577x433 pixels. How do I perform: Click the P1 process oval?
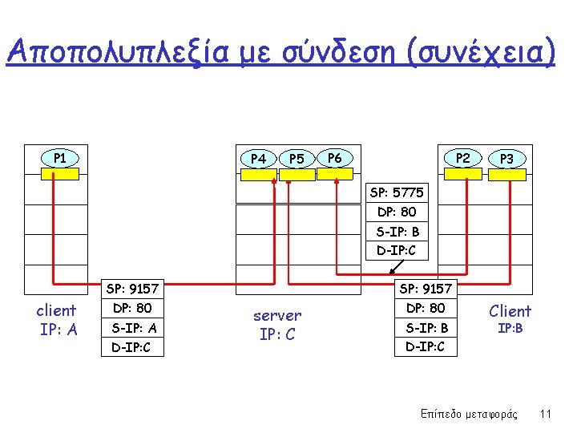(60, 158)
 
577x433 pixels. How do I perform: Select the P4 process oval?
(258, 159)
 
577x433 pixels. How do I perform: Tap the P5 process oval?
(297, 159)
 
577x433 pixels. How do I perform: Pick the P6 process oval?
(335, 158)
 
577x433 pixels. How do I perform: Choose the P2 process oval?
(463, 158)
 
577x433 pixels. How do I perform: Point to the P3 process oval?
(506, 159)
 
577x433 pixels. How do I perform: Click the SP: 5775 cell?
(397, 192)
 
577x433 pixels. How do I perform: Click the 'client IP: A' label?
(57, 319)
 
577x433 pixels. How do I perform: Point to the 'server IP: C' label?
(276, 325)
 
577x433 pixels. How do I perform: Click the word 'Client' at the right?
(510, 311)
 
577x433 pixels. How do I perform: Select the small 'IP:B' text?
(510, 329)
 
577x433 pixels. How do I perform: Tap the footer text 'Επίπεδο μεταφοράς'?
(469, 415)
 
